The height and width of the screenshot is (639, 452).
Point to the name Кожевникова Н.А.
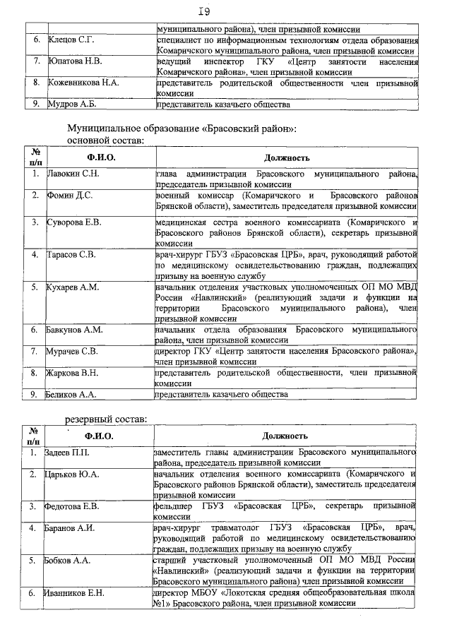tap(83, 83)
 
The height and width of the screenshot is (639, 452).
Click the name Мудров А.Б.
tap(71, 105)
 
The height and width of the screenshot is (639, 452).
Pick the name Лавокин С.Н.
tap(73, 173)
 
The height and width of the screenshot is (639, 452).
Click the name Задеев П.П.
tap(69, 451)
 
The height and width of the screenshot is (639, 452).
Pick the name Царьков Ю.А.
tap(72, 473)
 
